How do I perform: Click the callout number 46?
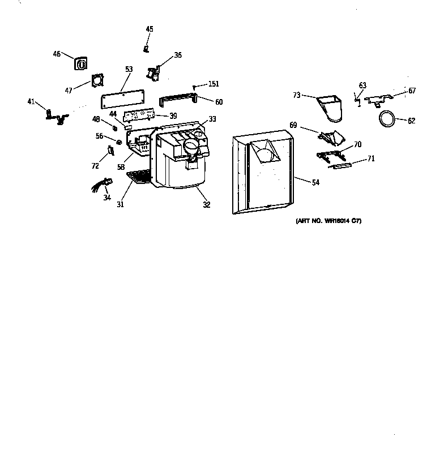(x=57, y=54)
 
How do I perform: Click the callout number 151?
(x=213, y=84)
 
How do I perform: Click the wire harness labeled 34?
(x=102, y=185)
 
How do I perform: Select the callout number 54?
(x=315, y=182)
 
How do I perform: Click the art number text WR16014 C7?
(x=328, y=221)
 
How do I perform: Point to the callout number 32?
(x=207, y=205)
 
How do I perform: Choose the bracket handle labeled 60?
(x=179, y=100)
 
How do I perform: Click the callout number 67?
(x=412, y=91)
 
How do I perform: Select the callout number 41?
(x=31, y=101)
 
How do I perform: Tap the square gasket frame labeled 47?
(x=97, y=83)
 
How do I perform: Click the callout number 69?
(x=293, y=125)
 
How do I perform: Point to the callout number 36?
(x=178, y=55)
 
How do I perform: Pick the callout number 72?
(x=95, y=166)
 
